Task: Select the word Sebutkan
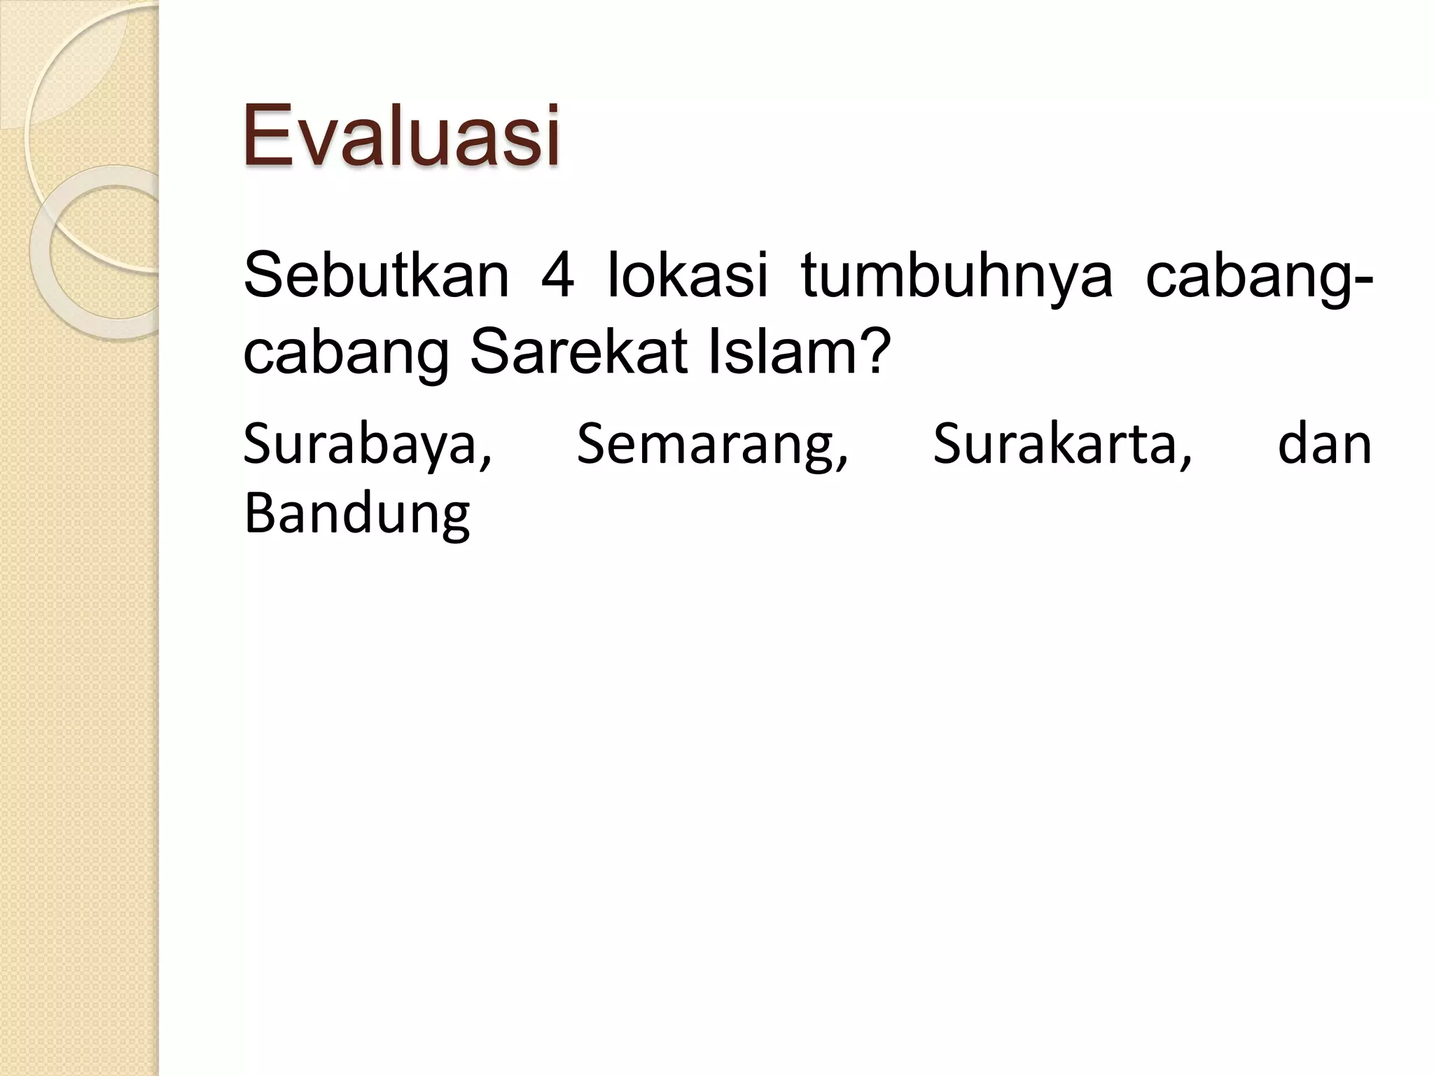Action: click(376, 275)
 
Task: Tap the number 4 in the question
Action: click(558, 275)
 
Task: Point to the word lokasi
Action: click(688, 275)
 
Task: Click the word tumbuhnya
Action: click(956, 275)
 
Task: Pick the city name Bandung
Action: click(356, 515)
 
